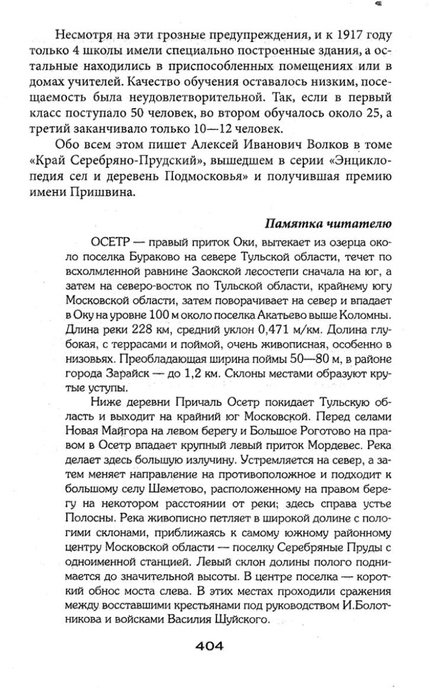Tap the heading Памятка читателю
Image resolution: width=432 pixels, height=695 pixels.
pyautogui.click(x=326, y=224)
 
